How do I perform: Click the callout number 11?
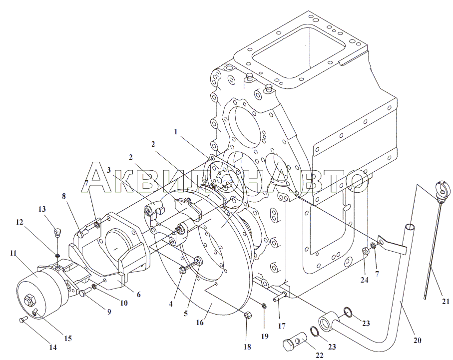tap(13, 253)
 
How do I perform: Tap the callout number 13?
tap(42, 209)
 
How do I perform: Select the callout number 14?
tap(53, 348)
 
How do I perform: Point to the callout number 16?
tap(200, 323)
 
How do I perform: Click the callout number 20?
tap(417, 341)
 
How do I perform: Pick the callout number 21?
tap(446, 302)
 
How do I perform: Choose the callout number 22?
tap(319, 356)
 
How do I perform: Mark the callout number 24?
tap(365, 280)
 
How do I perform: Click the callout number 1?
tap(176, 132)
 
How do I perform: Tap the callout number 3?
tap(108, 170)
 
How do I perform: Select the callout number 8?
tap(63, 196)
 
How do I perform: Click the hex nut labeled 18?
tap(247, 315)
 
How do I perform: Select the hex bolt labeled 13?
tap(57, 233)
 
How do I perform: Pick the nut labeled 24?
tap(365, 252)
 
